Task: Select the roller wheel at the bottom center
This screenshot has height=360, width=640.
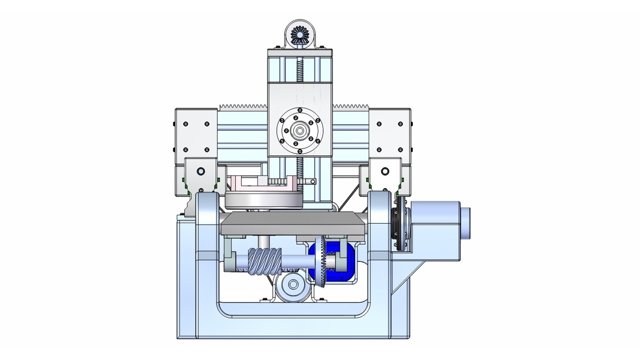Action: tap(293, 284)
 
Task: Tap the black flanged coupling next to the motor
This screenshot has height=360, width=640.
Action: tap(399, 222)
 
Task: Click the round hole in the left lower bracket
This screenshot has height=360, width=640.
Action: tap(201, 171)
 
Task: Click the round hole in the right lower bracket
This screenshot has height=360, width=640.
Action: tap(385, 171)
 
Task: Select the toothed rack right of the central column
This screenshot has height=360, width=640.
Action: tap(350, 107)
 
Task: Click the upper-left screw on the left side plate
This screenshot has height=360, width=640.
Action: tap(186, 124)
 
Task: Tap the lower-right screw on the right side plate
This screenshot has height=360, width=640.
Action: tap(400, 150)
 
